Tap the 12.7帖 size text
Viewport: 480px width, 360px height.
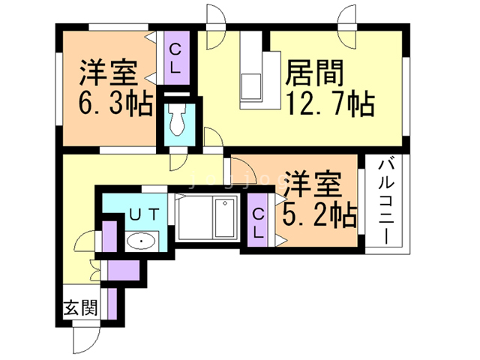click(327, 106)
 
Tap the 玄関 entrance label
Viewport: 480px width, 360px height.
click(79, 307)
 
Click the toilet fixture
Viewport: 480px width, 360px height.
click(178, 120)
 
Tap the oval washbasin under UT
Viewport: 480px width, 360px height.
click(140, 241)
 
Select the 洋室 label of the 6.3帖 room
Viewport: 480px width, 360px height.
click(108, 74)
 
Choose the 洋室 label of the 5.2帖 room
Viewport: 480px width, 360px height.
click(314, 184)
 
